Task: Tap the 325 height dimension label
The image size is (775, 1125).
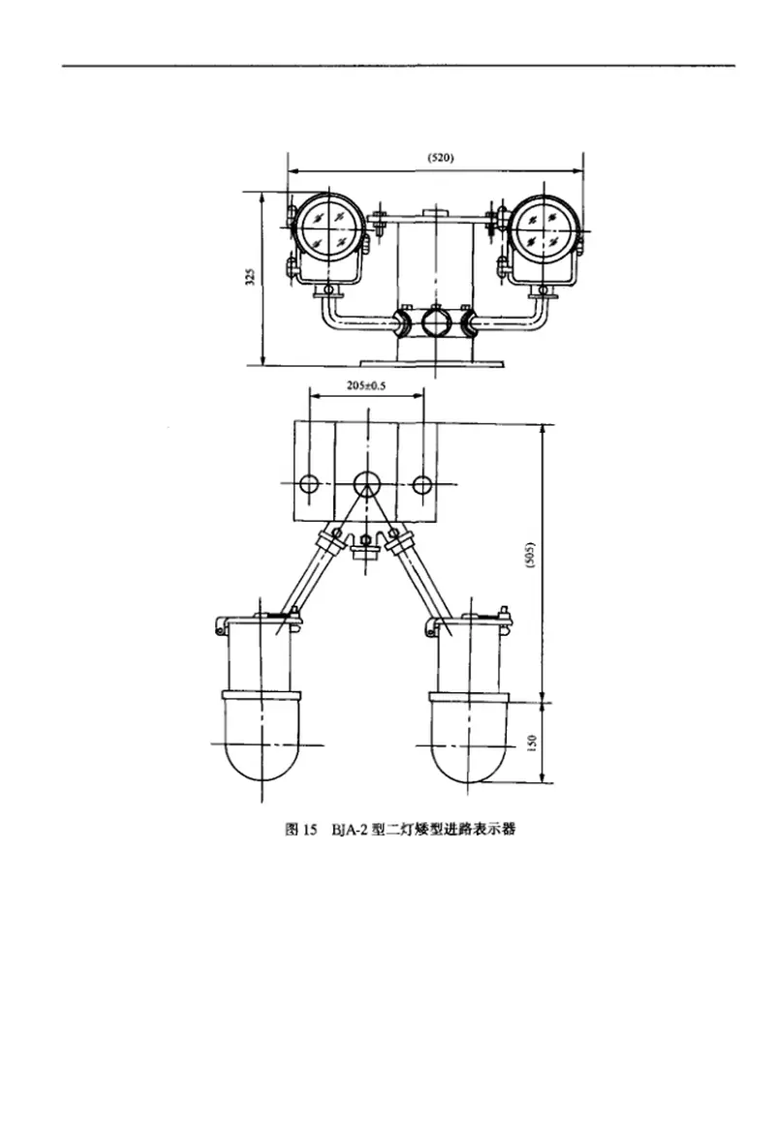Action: pyautogui.click(x=250, y=279)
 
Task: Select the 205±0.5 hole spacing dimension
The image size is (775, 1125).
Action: pyautogui.click(x=367, y=385)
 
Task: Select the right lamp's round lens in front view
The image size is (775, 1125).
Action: pyautogui.click(x=542, y=228)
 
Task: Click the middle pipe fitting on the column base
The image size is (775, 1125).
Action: pyautogui.click(x=434, y=321)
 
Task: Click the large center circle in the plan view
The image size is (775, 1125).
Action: pyautogui.click(x=366, y=483)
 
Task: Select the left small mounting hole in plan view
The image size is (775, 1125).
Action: pyautogui.click(x=309, y=484)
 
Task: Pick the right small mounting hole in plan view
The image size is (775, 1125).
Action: pyautogui.click(x=422, y=484)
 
